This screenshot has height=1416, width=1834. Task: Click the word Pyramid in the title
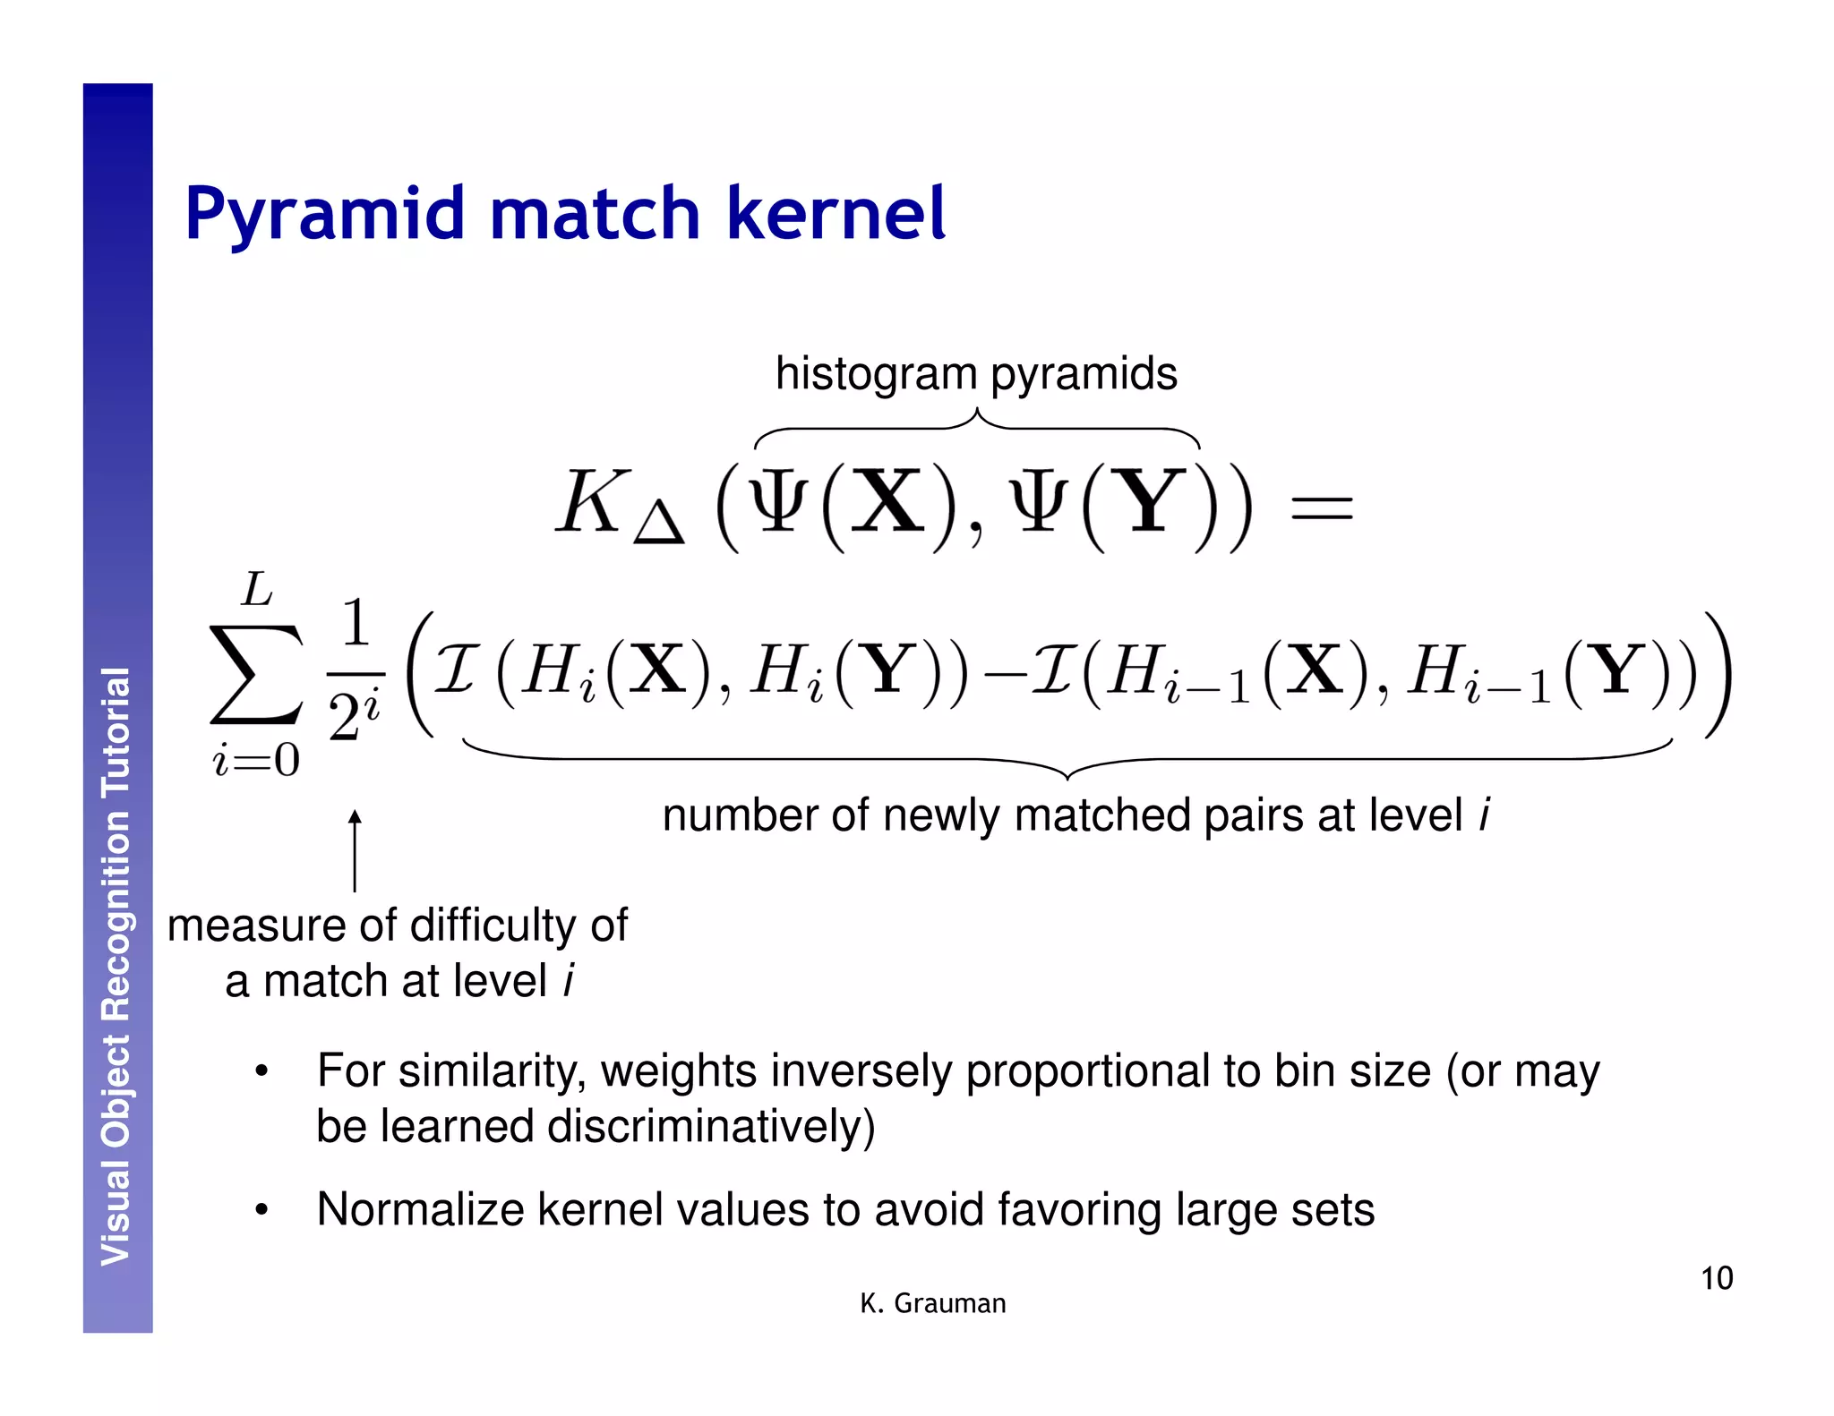(x=323, y=215)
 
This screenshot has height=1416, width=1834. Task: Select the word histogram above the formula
(x=875, y=373)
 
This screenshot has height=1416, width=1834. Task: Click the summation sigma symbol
(x=255, y=674)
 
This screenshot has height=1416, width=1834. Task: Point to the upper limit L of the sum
(x=257, y=590)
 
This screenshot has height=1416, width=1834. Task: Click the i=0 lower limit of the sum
(x=256, y=761)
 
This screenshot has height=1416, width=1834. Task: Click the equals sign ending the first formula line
(x=1320, y=509)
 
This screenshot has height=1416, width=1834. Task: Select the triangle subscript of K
(x=658, y=523)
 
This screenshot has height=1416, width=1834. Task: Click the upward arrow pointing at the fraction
(x=355, y=850)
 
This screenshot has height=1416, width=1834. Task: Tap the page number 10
(x=1716, y=1278)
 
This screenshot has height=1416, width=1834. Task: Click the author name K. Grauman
(x=932, y=1303)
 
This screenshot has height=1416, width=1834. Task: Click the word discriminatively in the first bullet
(x=711, y=1126)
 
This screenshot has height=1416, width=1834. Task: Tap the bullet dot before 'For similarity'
(x=261, y=1071)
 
